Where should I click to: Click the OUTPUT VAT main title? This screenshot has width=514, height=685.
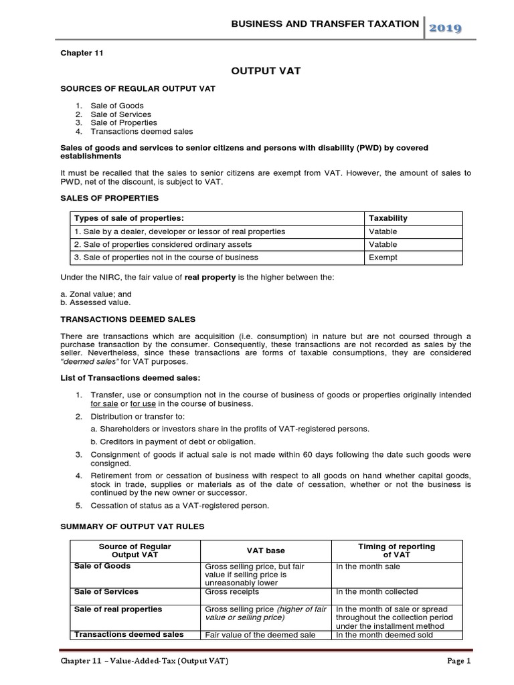tap(257, 70)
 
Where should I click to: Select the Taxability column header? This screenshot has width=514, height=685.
tap(388, 218)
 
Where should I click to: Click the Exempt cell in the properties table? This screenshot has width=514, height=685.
tap(383, 257)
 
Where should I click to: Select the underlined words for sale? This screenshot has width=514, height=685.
tap(104, 404)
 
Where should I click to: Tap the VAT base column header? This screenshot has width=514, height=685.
tap(266, 551)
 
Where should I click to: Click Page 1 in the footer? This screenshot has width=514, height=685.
tap(459, 662)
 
